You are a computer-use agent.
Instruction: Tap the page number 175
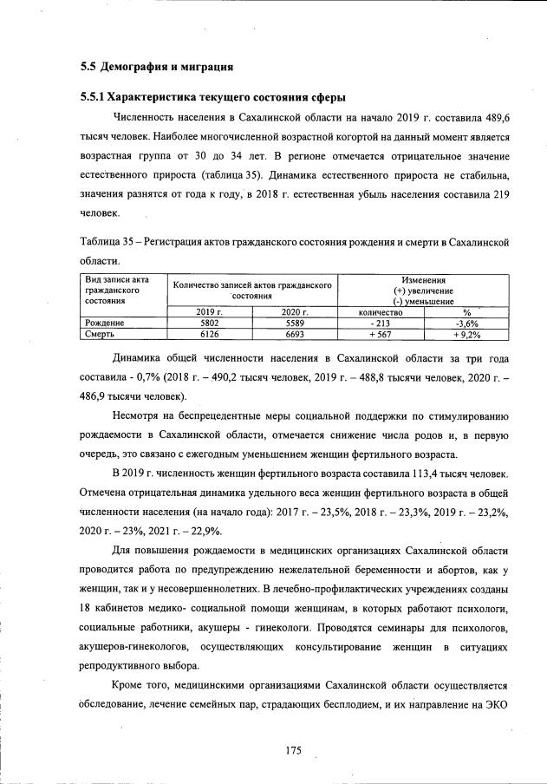click(x=292, y=751)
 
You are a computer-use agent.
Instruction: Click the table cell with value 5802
click(x=210, y=323)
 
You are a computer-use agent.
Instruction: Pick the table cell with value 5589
click(x=296, y=323)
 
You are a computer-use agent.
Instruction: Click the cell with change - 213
click(x=381, y=323)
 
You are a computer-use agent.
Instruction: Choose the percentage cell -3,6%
click(x=466, y=323)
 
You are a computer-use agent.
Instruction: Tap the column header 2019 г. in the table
click(x=210, y=311)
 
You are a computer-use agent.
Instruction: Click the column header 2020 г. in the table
click(x=296, y=311)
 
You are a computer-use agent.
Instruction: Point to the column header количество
click(x=381, y=311)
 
